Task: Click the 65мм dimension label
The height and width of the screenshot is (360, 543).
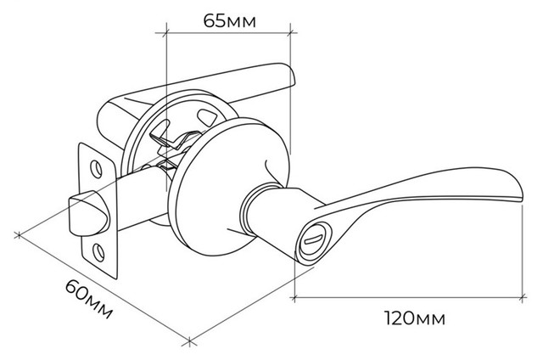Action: point(230,21)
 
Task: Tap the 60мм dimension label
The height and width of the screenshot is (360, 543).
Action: point(89,299)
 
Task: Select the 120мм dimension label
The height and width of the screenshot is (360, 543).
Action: point(415,318)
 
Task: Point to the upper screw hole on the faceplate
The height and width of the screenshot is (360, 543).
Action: point(96,169)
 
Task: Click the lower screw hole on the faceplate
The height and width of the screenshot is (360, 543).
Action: point(99,252)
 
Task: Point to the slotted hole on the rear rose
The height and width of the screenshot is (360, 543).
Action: point(206,116)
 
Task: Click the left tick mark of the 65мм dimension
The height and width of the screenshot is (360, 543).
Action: point(166,33)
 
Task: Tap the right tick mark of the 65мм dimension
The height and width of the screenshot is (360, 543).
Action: point(290,33)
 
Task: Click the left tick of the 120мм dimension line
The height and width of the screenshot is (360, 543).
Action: point(294,297)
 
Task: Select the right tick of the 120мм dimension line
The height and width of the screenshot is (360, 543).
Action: point(523,297)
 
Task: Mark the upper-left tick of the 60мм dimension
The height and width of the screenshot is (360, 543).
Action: point(19,235)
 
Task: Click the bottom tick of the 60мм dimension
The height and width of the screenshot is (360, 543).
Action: point(189,341)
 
